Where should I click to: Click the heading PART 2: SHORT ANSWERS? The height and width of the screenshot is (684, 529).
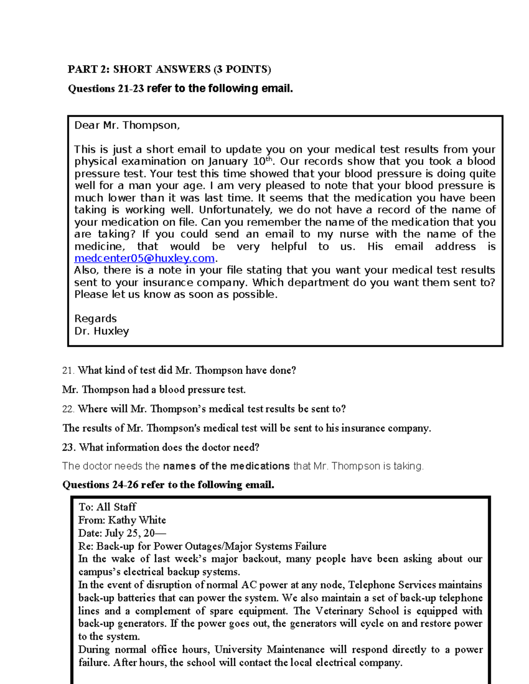[x=169, y=69]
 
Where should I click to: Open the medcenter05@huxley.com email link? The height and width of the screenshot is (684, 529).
[x=144, y=258]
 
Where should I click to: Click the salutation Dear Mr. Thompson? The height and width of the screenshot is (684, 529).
[x=127, y=126]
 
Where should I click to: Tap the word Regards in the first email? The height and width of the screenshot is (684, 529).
[x=95, y=318]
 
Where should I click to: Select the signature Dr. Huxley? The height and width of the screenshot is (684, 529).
[x=101, y=331]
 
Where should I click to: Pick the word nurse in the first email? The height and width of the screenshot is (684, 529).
[x=354, y=234]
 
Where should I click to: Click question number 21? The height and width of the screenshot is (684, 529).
[x=68, y=370]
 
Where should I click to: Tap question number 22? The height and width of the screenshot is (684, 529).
[x=68, y=409]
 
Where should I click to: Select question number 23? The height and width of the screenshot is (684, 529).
[x=69, y=447]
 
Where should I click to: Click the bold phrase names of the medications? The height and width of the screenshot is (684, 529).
[x=226, y=466]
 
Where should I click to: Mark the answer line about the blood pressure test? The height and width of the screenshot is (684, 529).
[x=154, y=390]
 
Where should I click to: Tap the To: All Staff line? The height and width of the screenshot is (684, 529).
[x=107, y=507]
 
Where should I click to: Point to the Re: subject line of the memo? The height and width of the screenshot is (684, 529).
[x=202, y=547]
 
